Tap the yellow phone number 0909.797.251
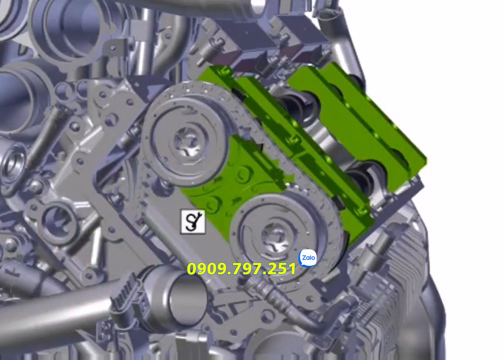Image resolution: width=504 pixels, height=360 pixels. click(x=241, y=269)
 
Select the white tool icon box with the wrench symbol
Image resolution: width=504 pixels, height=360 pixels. click(x=193, y=222)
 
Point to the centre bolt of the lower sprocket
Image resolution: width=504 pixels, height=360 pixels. click(x=277, y=238)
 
